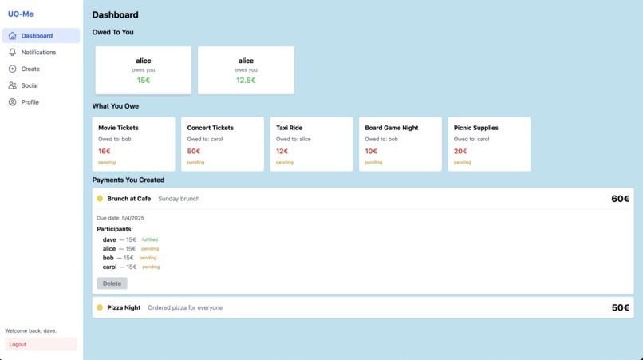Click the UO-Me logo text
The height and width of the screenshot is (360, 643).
(21, 14)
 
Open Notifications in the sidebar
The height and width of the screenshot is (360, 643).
(38, 53)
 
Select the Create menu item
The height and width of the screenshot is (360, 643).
(30, 69)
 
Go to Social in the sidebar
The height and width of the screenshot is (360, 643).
(30, 85)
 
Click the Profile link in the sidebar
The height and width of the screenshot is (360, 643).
(30, 102)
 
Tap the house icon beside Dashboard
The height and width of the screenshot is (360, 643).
(12, 36)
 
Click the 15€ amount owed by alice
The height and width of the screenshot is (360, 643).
(144, 81)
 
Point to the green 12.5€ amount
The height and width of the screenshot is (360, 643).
(246, 81)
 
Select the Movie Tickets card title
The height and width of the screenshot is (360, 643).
(118, 128)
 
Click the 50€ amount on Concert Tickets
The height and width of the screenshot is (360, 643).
(194, 152)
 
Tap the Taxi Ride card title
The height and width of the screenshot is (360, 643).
(289, 128)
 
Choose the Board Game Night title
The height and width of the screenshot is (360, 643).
(392, 128)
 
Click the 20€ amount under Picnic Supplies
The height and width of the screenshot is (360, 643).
(460, 152)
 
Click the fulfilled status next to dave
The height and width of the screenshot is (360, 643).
(150, 239)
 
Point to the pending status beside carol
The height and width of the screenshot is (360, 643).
(151, 267)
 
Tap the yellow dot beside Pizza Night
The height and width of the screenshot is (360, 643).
(100, 307)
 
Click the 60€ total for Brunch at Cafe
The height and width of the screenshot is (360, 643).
(620, 199)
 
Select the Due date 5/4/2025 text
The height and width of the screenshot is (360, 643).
(120, 218)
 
